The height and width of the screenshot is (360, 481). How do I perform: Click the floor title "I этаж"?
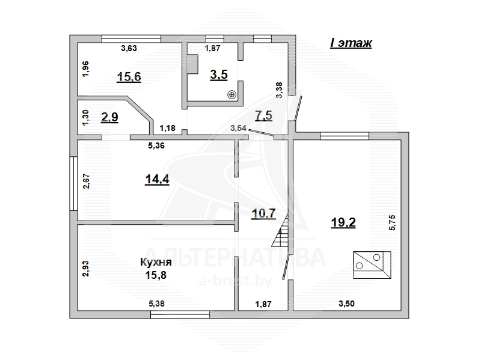coord(351,43)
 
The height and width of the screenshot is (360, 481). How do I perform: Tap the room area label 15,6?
coord(129,77)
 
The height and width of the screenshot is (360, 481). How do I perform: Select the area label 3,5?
coord(219,75)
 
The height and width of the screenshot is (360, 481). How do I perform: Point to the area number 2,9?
coord(109,117)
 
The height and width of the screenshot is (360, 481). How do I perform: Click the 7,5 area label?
coord(263,115)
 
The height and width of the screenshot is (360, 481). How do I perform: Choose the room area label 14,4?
coord(157,179)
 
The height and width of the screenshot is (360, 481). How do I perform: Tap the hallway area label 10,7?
coord(263,213)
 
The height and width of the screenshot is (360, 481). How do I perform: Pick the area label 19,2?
coord(343,222)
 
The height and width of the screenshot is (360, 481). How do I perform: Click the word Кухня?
coord(156,262)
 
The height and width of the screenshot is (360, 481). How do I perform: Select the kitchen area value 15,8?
coord(156,275)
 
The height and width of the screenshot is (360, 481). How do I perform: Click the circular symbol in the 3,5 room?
coord(232,95)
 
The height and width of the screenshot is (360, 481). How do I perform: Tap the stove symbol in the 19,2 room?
coord(372,265)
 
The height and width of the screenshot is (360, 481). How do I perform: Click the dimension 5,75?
coord(393,222)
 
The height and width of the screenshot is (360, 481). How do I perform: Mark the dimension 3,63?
coord(129,48)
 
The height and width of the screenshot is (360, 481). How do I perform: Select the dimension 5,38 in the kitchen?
coord(156,304)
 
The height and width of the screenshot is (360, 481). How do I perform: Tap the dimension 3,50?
coord(347,304)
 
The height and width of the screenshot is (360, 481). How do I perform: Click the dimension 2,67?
coord(86,182)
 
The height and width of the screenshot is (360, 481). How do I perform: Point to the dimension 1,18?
coord(168,128)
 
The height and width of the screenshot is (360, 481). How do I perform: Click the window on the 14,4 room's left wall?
coord(73,183)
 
